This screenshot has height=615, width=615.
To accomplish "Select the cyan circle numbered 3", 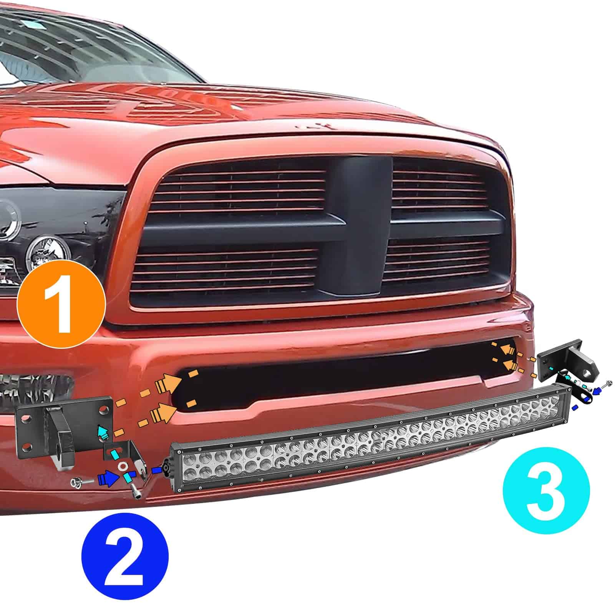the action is click(546, 490).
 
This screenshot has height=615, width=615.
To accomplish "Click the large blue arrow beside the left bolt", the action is click(107, 480).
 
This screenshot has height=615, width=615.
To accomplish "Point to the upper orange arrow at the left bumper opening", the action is click(168, 382).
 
